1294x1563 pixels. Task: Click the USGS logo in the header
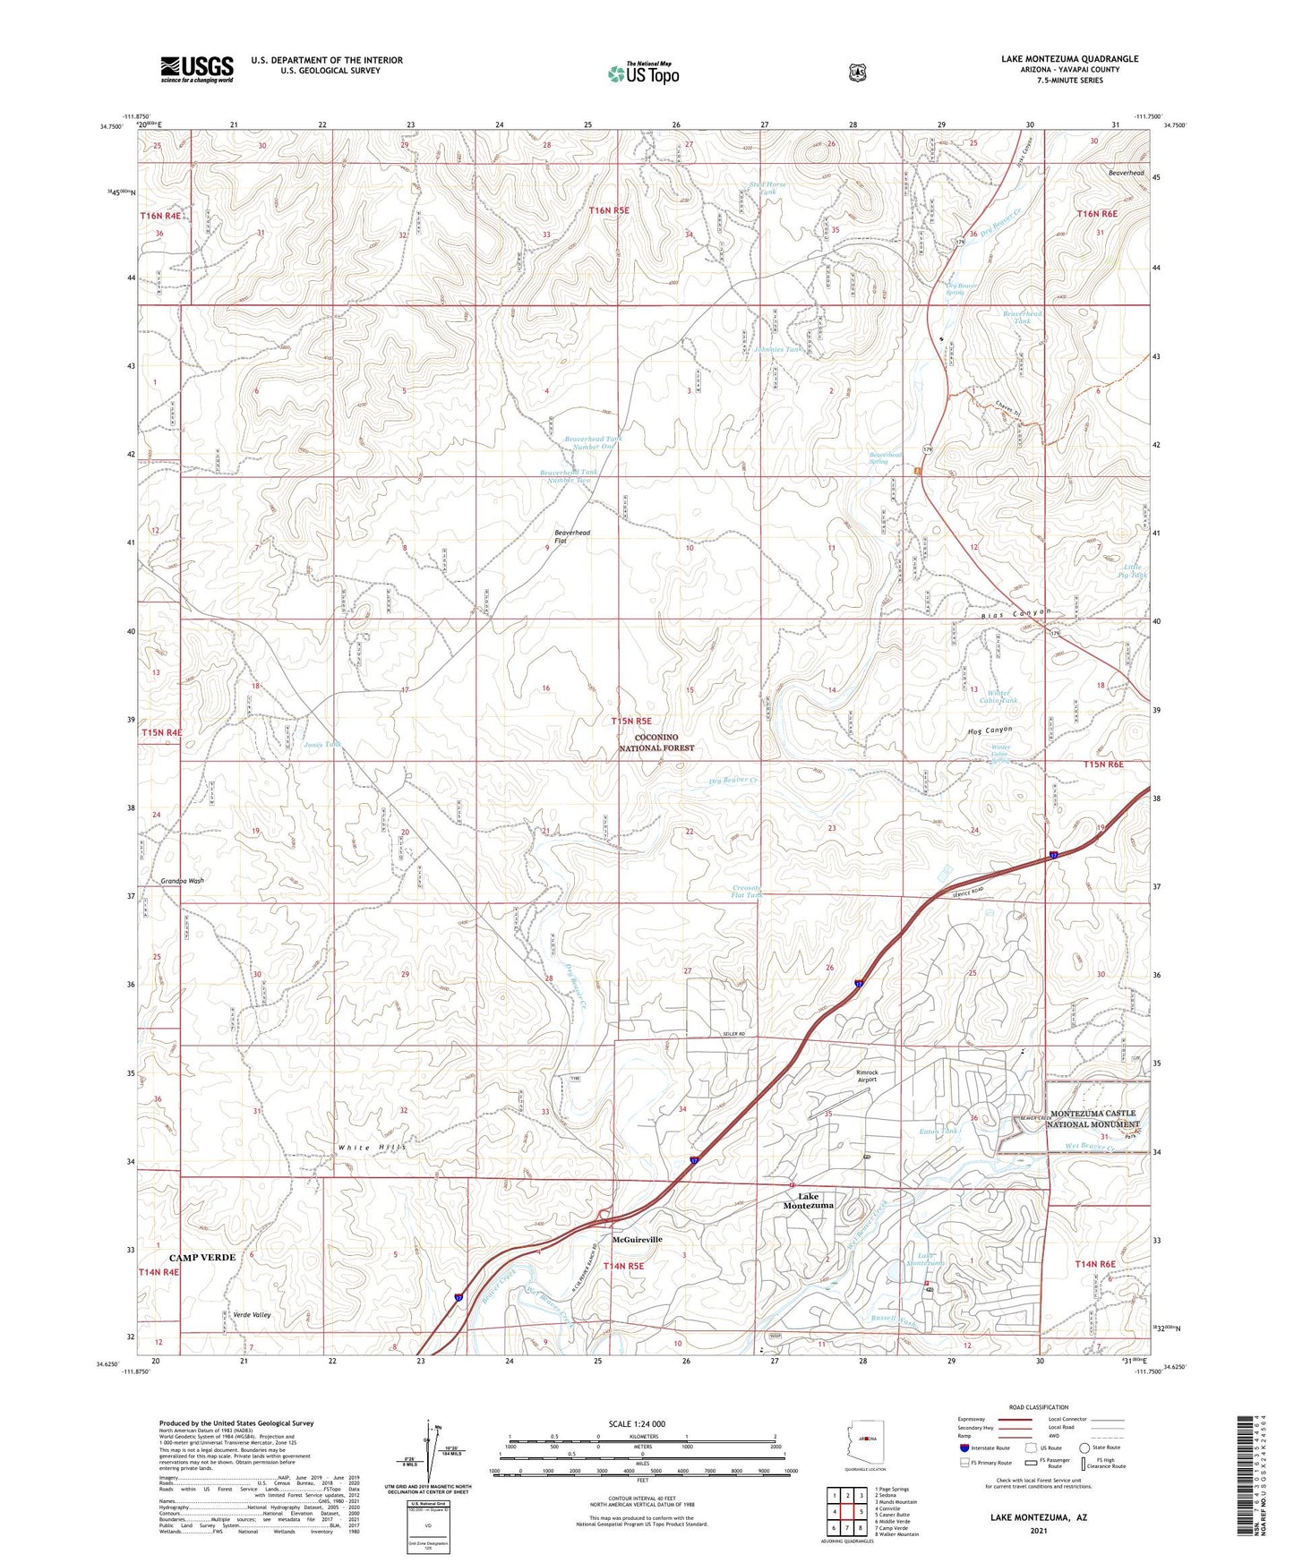point(197,69)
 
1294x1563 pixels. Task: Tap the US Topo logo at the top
point(643,73)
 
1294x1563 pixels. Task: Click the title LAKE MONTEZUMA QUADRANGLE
point(1069,59)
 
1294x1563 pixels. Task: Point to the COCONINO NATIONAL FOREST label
point(656,742)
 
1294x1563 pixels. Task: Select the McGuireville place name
point(638,1240)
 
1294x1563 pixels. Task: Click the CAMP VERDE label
point(202,1258)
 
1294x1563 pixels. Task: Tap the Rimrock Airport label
point(866,1076)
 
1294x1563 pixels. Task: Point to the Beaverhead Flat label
point(572,537)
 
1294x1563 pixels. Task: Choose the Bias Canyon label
point(1014,614)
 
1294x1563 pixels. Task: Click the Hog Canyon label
point(990,730)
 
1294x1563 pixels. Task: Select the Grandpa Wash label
point(183,881)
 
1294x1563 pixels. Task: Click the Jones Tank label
point(322,745)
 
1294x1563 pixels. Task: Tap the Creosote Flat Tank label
point(747,892)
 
